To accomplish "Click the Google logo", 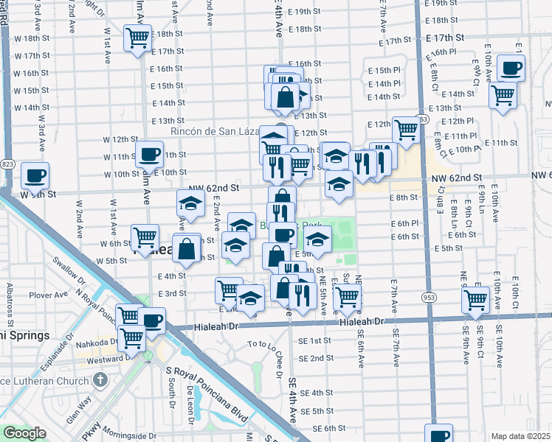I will pos(24,433).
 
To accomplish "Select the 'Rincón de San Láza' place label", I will pos(214,131).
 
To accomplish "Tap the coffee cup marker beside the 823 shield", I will pos(35,175).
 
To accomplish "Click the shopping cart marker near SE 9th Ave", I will pos(476,299).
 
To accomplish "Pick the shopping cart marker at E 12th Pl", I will pos(406,129).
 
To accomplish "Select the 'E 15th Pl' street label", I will pos(384,69).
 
